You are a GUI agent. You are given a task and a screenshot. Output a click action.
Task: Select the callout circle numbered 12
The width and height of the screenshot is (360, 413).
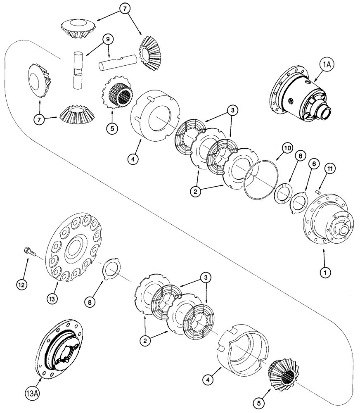(22, 284)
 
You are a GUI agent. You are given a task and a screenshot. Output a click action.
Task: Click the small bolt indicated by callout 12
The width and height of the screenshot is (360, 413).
(28, 250)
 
